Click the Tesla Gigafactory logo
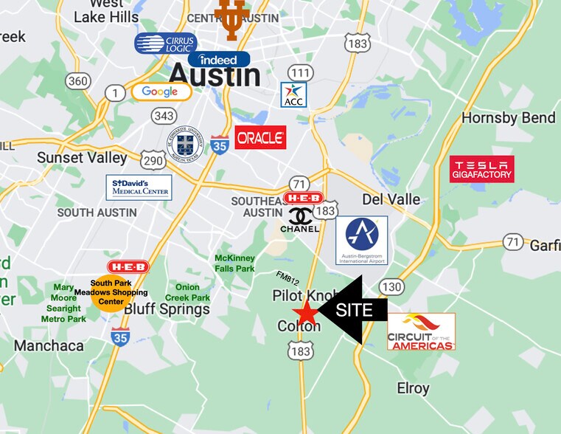coord(481,169)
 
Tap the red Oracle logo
coord(260,137)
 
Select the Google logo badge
coord(161,92)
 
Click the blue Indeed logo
coord(219,59)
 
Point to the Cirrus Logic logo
coord(164,43)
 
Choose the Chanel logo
coord(300,219)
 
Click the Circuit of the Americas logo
coord(421,331)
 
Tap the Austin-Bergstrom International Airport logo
coord(361,240)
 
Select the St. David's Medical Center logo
coord(139,187)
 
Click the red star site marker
coord(307,313)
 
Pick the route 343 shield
coord(164,115)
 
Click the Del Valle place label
coord(391,199)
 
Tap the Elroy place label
coord(413,388)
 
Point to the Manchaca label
coord(49,345)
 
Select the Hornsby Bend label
coord(508,117)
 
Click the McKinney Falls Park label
coord(234,263)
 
